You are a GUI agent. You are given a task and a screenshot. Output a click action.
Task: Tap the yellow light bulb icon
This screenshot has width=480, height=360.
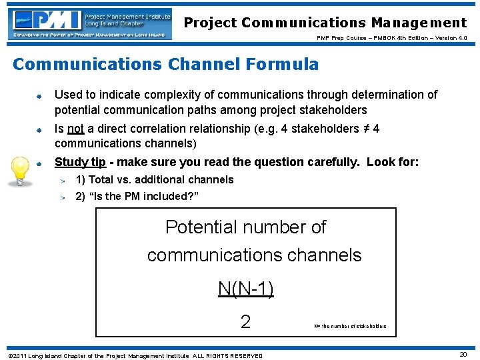21,173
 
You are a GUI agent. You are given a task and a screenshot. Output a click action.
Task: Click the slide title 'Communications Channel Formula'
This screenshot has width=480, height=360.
165,65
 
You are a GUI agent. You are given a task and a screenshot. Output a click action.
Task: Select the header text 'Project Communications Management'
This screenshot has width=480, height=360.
325,23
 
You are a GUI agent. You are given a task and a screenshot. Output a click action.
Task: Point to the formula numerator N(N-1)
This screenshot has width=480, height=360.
246,289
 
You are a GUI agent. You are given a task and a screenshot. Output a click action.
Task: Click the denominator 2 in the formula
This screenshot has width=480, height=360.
245,322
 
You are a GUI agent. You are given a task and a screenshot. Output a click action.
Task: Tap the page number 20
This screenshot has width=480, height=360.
463,355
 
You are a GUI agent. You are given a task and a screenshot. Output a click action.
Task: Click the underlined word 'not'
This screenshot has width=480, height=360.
75,129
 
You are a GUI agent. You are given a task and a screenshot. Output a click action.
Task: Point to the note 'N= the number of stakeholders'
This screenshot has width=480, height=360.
350,327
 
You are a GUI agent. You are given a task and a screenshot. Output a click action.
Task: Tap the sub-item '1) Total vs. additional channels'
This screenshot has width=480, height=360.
155,179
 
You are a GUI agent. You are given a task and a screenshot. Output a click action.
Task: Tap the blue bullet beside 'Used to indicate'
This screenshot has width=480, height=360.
39,96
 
